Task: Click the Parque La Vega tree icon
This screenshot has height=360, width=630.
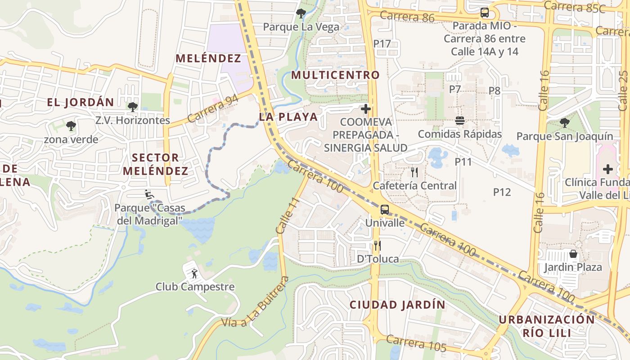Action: pos(301,13)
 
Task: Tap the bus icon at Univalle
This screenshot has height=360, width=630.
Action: pos(385,209)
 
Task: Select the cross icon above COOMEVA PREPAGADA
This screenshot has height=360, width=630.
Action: pos(366,109)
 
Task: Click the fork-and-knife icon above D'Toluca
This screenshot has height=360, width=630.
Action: pos(378,246)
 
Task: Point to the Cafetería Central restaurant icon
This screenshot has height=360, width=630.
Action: pos(414,172)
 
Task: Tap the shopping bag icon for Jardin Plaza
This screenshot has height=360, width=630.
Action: pos(573,254)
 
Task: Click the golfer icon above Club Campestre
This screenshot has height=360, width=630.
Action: pos(194,273)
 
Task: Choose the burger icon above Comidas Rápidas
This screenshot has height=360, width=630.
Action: pos(460,121)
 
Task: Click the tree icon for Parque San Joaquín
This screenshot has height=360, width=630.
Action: pos(564,122)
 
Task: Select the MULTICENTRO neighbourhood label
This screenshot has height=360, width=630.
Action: pos(336,75)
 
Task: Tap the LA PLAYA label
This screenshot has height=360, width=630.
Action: pos(288,117)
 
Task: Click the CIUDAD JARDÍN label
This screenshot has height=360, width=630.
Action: pos(398,305)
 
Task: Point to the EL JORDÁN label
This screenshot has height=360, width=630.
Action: pos(81,102)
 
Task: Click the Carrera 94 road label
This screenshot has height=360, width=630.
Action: pos(212,109)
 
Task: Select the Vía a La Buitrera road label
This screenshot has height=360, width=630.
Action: pos(255,303)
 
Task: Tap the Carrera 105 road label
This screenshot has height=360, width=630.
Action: pos(416,344)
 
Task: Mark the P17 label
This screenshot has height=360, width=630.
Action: pos(382,44)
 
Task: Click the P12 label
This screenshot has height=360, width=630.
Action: pos(502,192)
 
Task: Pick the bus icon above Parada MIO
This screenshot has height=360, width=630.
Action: pos(485,13)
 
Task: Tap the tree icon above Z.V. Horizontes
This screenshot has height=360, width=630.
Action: pos(132,107)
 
